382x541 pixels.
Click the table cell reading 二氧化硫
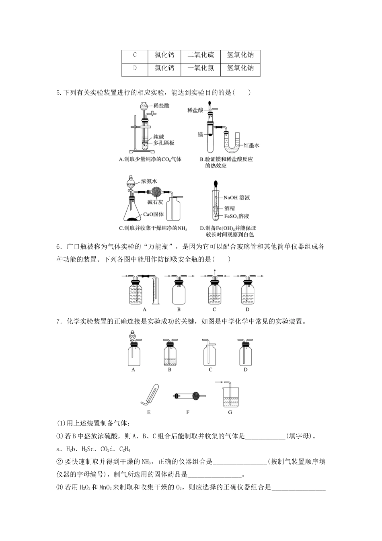(x=201, y=55)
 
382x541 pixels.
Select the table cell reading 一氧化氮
(x=201, y=68)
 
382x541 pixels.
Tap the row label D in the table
(x=135, y=68)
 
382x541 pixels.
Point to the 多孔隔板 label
(x=164, y=143)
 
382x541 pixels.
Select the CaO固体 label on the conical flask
(x=153, y=214)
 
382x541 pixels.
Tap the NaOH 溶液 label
(x=237, y=198)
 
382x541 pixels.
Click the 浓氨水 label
(x=149, y=182)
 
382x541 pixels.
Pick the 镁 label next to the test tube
(x=200, y=134)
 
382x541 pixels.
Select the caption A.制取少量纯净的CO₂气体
(x=150, y=159)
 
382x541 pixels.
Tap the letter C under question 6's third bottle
(x=214, y=310)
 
